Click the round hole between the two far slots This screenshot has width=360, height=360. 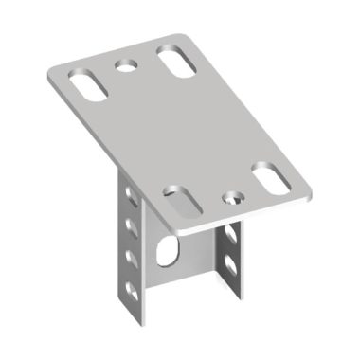(125, 65)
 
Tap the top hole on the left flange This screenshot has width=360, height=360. (130, 200)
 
